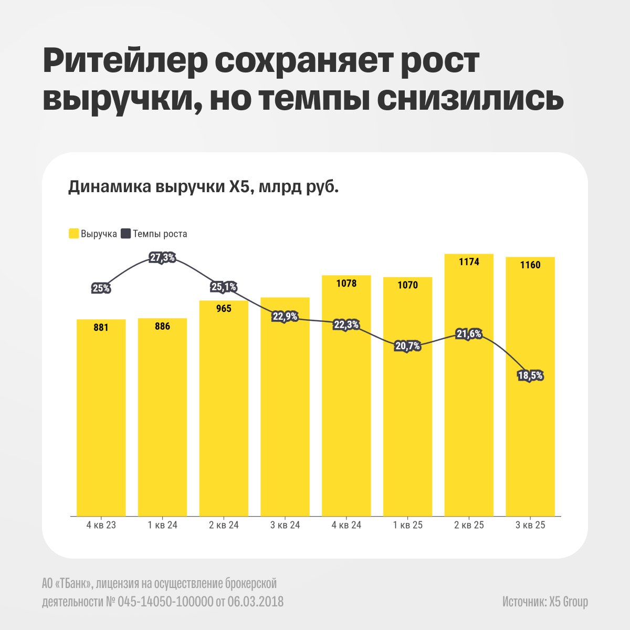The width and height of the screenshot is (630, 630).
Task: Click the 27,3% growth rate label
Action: click(162, 258)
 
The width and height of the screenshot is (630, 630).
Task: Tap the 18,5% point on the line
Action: click(530, 376)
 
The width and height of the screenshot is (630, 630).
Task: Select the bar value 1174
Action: click(469, 261)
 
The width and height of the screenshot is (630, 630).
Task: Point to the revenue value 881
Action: click(101, 328)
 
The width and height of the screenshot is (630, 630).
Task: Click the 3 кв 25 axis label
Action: click(530, 525)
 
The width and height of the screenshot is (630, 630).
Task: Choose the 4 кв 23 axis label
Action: click(101, 525)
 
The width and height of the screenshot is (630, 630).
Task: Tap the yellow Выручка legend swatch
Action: click(73, 234)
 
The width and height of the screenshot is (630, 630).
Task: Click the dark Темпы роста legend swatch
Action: click(126, 234)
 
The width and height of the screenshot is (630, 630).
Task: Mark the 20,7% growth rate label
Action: click(407, 346)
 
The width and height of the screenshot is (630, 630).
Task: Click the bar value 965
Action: click(224, 309)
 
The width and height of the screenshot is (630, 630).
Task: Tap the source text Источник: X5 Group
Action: click(544, 602)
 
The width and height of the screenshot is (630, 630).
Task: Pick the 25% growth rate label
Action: click(101, 288)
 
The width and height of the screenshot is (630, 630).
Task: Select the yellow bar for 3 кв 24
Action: click(285, 420)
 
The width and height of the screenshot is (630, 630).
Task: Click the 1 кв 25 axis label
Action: click(407, 525)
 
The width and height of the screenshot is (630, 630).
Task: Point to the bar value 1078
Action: click(346, 283)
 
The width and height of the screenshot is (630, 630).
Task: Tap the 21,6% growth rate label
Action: click(469, 334)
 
